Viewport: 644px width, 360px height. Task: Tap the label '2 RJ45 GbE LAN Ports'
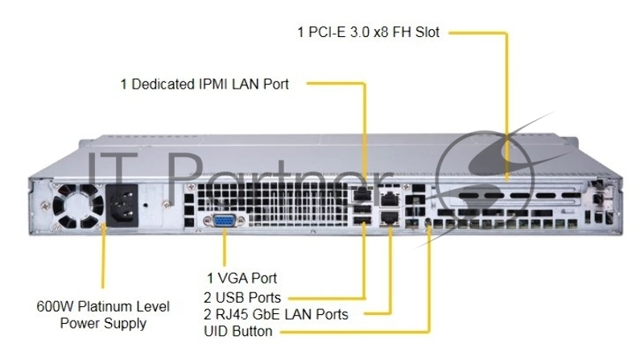pos(276,314)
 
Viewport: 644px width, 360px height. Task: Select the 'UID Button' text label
pos(237,331)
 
